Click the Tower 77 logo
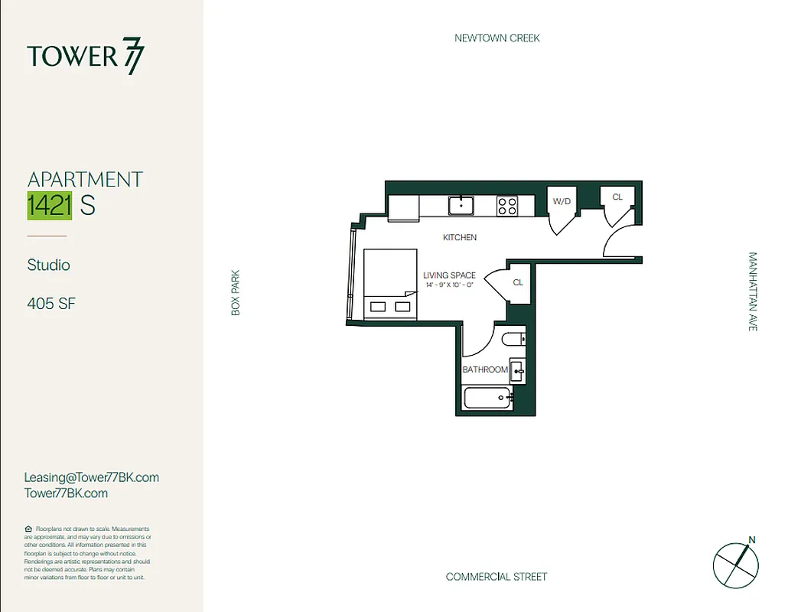(x=85, y=57)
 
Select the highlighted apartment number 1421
(x=50, y=206)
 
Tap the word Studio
(x=48, y=265)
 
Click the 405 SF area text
(x=51, y=304)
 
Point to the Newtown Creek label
(x=497, y=38)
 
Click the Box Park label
(x=236, y=292)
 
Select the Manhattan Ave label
(x=752, y=291)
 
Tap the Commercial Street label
(x=497, y=577)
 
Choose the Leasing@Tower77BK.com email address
(x=91, y=477)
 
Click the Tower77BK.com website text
(x=66, y=493)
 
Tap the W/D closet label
(x=562, y=201)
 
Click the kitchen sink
(x=461, y=205)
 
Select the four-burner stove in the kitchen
(x=507, y=205)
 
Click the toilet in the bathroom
(x=513, y=338)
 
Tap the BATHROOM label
(x=485, y=369)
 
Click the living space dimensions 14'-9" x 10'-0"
(x=450, y=285)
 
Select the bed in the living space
(x=389, y=284)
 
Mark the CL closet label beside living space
(x=518, y=282)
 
